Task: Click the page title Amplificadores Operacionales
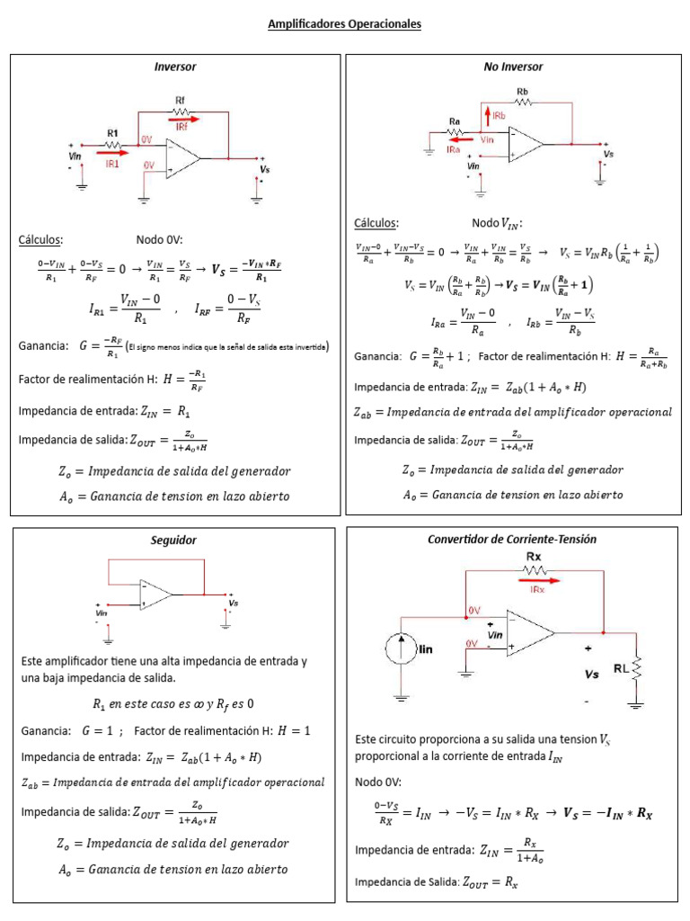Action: point(344,24)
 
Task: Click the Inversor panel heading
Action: point(175,67)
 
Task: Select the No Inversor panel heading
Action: point(513,67)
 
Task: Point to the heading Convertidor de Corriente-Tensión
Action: point(512,539)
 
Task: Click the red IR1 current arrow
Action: point(112,153)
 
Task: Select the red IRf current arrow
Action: point(183,117)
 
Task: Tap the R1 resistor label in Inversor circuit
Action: point(112,132)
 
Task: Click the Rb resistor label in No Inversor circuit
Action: point(522,92)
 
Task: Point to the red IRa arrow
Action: point(461,139)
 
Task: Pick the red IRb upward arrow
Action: point(486,115)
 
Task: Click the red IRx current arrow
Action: point(535,581)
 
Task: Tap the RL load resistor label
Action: point(620,668)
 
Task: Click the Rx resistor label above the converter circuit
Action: point(534,558)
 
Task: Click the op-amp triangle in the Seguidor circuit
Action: point(155,594)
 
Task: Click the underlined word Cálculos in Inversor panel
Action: point(40,240)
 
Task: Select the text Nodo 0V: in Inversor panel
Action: point(159,240)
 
